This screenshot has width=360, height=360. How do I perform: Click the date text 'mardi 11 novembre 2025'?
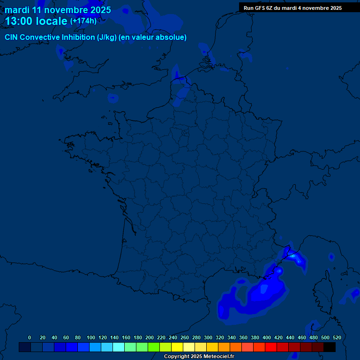click(x=58, y=10)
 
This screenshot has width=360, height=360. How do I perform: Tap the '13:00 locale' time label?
click(x=36, y=21)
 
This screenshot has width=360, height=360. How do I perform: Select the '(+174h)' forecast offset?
click(x=83, y=21)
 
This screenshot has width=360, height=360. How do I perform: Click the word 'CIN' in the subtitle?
click(x=11, y=37)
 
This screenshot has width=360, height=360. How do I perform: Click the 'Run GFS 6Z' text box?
click(x=292, y=8)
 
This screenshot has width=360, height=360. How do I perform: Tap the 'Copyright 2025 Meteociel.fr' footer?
click(x=199, y=356)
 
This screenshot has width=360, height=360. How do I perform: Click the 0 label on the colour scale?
click(x=30, y=337)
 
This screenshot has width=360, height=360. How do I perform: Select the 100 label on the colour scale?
click(x=91, y=337)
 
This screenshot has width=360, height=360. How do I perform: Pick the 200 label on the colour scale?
click(x=150, y=337)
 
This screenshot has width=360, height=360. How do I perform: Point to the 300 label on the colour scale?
click(x=208, y=337)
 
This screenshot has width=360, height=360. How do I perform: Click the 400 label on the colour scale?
click(x=267, y=337)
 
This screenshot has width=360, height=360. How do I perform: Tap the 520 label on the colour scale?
click(x=337, y=337)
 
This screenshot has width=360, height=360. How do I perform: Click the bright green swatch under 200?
click(x=154, y=347)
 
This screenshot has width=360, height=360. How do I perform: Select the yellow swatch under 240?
click(x=177, y=347)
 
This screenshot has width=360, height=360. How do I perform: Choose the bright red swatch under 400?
click(x=271, y=347)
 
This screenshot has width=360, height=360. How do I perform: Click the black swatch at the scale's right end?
click(x=330, y=347)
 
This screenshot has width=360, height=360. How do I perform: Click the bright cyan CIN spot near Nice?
click(x=292, y=255)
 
